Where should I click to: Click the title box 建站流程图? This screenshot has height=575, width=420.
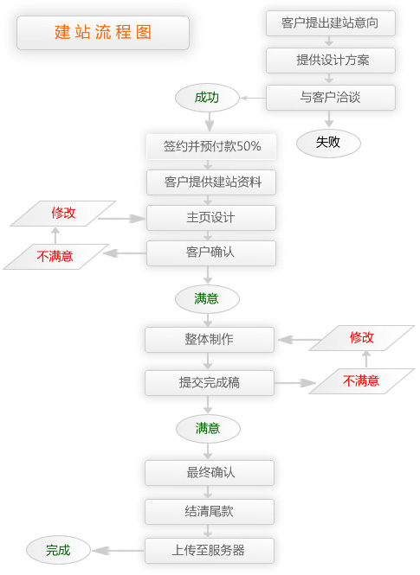(103, 33)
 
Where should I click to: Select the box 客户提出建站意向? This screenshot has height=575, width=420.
(330, 22)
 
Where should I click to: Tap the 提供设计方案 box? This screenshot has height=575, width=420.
(330, 60)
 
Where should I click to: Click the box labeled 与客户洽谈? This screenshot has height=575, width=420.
(330, 98)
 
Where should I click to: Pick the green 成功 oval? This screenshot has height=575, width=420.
(206, 98)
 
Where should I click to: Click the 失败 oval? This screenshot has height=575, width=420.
(328, 143)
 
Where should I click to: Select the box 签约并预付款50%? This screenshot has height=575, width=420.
(210, 146)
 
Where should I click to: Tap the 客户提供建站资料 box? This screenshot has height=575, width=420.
(210, 182)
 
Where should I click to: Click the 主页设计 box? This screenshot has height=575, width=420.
(210, 217)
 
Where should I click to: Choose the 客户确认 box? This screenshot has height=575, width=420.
(210, 252)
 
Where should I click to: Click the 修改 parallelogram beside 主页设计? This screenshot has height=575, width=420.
(63, 213)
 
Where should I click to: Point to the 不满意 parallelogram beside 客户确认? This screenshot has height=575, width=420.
(55, 256)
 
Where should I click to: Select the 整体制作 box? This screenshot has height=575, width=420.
(209, 339)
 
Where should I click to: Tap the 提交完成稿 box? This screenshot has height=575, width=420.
(209, 382)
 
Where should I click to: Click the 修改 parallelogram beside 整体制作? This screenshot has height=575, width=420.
(361, 337)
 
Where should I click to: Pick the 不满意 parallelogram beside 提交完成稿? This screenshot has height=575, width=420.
(361, 380)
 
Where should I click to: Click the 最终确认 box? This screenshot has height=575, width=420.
(209, 473)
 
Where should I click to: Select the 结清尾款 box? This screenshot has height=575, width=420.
(209, 511)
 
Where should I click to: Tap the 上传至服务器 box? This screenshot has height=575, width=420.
(209, 550)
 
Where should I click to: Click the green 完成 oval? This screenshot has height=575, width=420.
(58, 549)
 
